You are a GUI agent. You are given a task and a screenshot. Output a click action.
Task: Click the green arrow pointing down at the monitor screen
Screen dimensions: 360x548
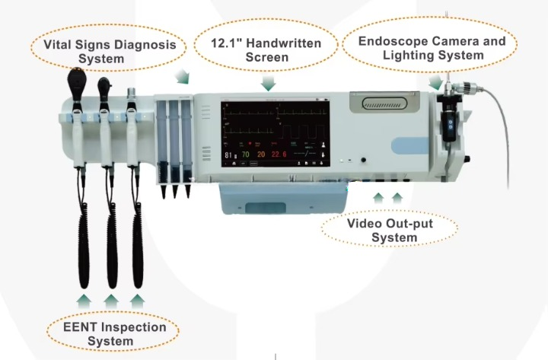(267, 81)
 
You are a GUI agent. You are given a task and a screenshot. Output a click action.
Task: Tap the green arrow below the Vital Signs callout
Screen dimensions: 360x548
(182, 75)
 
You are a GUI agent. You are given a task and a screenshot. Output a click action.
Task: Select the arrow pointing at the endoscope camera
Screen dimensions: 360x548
(435, 81)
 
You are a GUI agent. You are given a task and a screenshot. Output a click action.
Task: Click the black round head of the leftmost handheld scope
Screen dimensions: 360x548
(78, 79)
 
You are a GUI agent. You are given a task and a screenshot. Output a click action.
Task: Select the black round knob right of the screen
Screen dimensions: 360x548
(362, 161)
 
